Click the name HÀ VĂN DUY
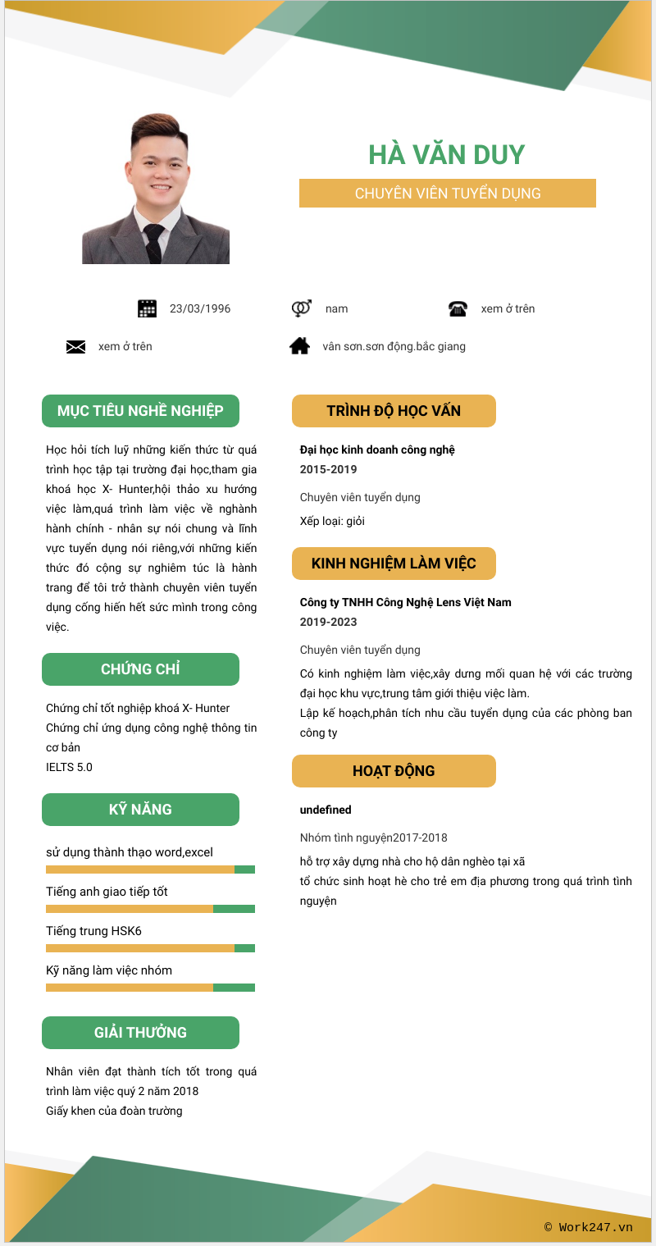(446, 154)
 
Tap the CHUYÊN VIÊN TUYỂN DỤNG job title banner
(447, 194)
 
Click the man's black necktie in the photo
(154, 242)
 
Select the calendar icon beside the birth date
(147, 308)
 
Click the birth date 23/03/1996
(200, 309)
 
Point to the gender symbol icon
(301, 308)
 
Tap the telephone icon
(458, 308)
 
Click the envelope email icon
(75, 347)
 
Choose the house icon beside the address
(300, 346)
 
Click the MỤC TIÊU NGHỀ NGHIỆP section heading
(140, 411)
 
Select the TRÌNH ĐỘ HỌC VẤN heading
(394, 411)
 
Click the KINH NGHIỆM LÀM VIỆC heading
(394, 564)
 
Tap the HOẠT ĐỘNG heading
(394, 771)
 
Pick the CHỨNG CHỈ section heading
(140, 669)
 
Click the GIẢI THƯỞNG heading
(140, 1033)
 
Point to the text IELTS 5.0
(69, 767)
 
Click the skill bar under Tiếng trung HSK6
(150, 948)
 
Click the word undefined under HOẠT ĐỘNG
(326, 810)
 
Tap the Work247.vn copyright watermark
(588, 1227)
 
